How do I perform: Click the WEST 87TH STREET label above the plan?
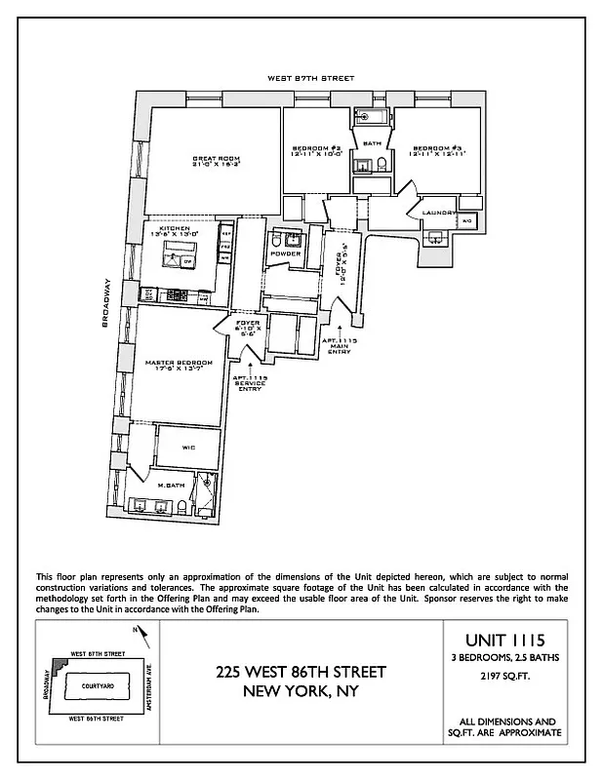pyautogui.click(x=312, y=78)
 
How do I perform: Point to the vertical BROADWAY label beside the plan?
pyautogui.click(x=105, y=303)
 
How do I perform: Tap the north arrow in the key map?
pyautogui.click(x=144, y=634)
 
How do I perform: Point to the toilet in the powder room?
pyautogui.click(x=276, y=239)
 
